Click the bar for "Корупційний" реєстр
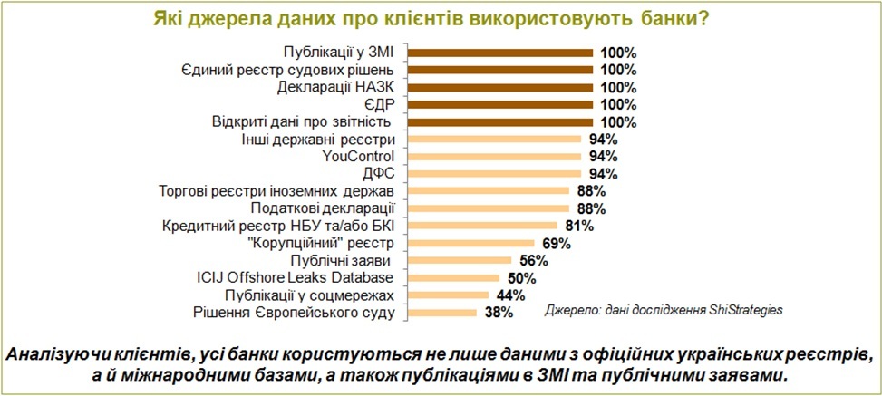click(466, 244)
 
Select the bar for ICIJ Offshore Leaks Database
click(453, 278)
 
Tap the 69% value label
click(556, 244)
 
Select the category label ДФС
click(377, 174)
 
